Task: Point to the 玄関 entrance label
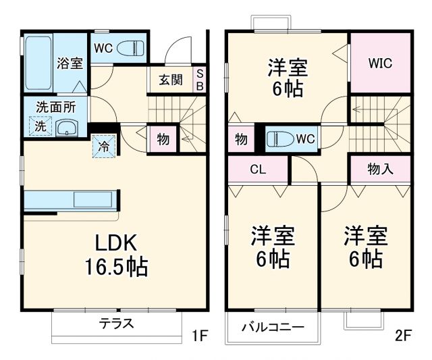pos(171,80)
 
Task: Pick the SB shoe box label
pos(200,80)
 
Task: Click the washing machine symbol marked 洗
pos(40,126)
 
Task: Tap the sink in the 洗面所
pos(65,128)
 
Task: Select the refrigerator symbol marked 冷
pos(103,145)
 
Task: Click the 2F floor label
pos(403,335)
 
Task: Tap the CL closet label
pos(258,170)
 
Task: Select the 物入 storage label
pos(380,169)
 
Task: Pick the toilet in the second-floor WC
pos(279,139)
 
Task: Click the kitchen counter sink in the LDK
pos(94,199)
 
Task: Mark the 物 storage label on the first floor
pos(163,139)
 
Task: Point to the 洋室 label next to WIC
pos(288,78)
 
